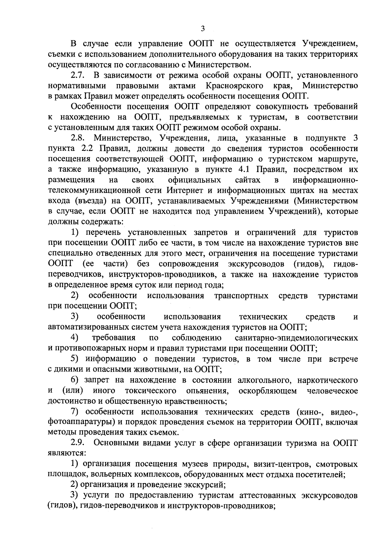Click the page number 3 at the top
203,29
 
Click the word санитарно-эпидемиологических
296,338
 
